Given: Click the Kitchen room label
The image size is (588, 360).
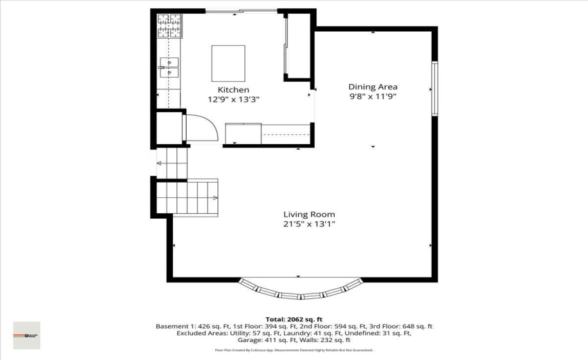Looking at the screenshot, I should pyautogui.click(x=233, y=90).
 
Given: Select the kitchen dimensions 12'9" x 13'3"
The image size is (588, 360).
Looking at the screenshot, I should pyautogui.click(x=233, y=99).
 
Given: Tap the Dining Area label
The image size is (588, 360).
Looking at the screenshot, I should pyautogui.click(x=372, y=87).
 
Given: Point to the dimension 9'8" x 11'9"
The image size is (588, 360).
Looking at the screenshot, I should pyautogui.click(x=372, y=97).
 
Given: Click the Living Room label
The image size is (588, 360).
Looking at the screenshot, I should pyautogui.click(x=309, y=214).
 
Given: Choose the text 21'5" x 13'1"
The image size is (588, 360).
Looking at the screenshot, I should pyautogui.click(x=309, y=224).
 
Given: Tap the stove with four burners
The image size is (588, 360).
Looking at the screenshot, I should pyautogui.click(x=168, y=26).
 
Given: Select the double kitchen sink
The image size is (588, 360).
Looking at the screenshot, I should pyautogui.click(x=169, y=67).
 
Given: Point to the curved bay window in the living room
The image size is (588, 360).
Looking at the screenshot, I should pyautogui.click(x=300, y=289).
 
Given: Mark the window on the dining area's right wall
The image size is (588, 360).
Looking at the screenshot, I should pyautogui.click(x=434, y=89).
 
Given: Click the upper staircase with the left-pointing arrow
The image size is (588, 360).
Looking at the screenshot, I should pyautogui.click(x=172, y=163).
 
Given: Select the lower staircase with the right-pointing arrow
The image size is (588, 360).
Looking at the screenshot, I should pyautogui.click(x=187, y=197).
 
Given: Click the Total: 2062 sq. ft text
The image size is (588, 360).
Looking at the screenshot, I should pyautogui.click(x=293, y=318).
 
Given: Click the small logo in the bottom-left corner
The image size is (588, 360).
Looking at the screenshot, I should pyautogui.click(x=26, y=335).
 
